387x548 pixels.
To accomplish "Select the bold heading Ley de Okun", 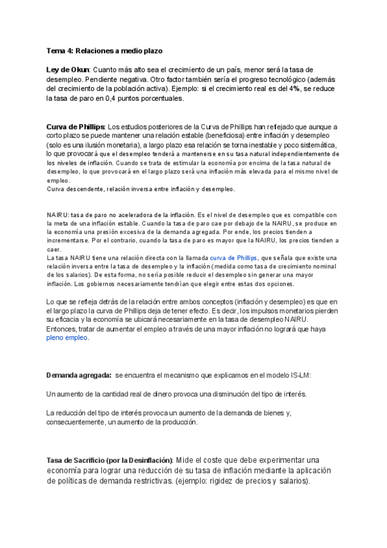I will tap(68, 69).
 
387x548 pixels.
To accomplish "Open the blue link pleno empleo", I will tap(67, 337).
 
